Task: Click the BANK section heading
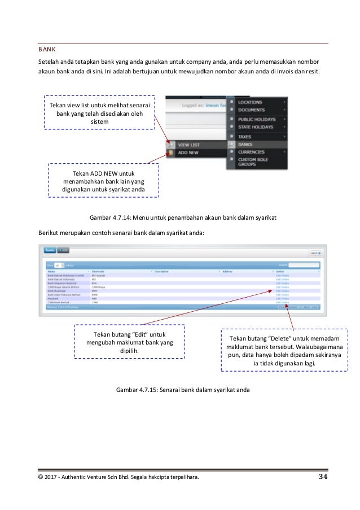47,49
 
